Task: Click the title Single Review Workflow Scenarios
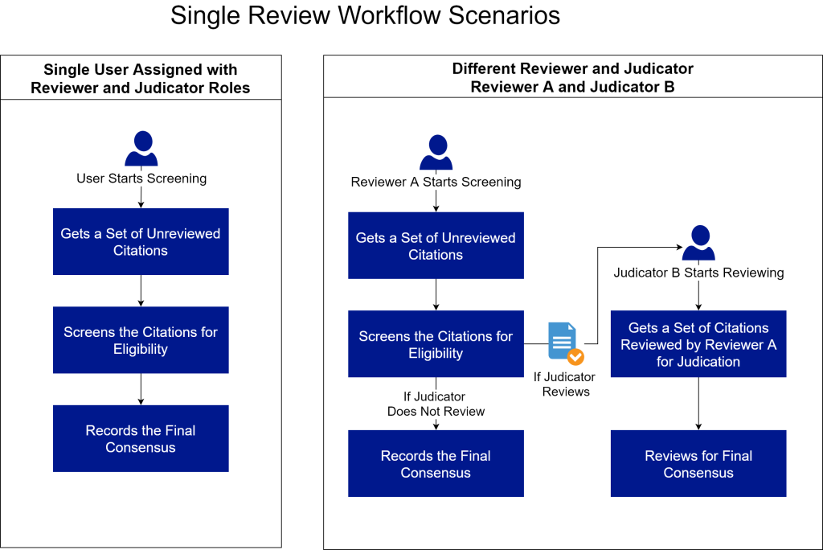pos(366,15)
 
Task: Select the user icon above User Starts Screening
pos(141,148)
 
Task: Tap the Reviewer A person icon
pos(436,152)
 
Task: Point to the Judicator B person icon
pos(698,242)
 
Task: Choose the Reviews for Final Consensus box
pos(698,463)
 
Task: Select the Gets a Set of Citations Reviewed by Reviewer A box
pos(698,343)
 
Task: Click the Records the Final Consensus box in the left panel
pos(141,438)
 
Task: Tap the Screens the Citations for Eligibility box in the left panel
pos(141,340)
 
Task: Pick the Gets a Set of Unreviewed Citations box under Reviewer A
pos(436,245)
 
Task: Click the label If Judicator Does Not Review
pos(436,404)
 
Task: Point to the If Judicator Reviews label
pos(565,384)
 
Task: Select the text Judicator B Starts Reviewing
pos(698,273)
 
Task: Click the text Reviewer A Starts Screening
pos(436,182)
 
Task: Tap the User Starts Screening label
pos(141,179)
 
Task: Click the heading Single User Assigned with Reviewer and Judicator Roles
pos(141,78)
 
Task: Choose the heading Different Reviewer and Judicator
pos(572,69)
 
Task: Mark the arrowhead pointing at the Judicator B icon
pos(679,247)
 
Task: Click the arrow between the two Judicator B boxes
pos(698,404)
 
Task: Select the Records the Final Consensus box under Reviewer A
pos(436,463)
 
